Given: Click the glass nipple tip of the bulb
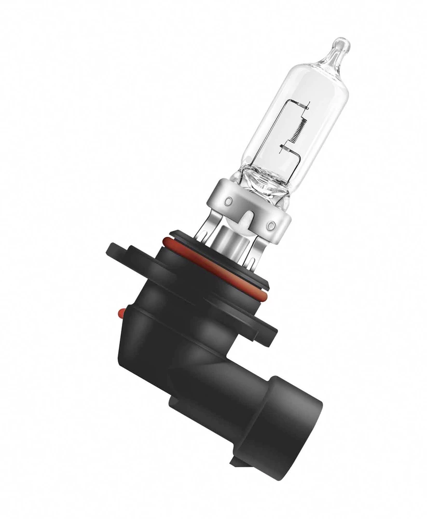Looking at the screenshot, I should click(x=340, y=45).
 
